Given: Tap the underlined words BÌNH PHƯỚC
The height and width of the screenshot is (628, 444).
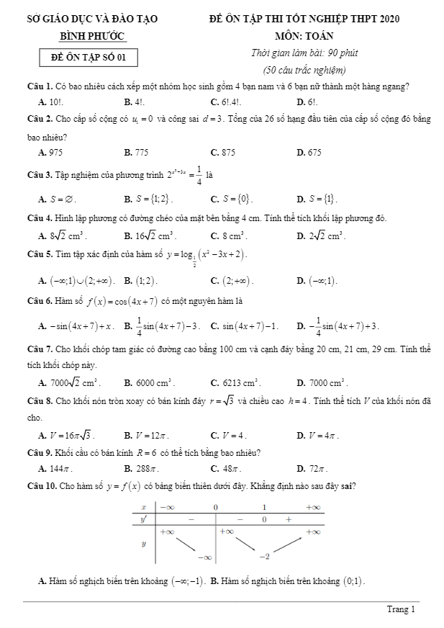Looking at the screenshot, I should coord(91,35).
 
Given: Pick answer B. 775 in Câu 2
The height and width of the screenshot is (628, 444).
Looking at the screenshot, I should coord(136,152).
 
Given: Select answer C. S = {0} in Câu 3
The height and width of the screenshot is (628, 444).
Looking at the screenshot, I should coord(231,199).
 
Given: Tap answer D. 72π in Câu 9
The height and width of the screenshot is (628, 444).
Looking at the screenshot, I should coord(309,468).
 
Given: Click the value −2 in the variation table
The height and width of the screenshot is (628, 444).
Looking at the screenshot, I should coord(265,556).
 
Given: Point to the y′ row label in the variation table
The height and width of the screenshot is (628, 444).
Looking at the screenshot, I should coord(144,519).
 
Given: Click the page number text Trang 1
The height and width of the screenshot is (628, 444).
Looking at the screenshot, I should coord(401,609).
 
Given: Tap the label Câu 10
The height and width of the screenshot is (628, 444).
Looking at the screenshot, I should coord(40,485).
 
